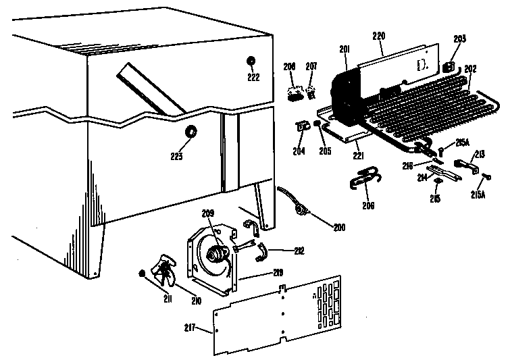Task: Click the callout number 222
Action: pos(253,78)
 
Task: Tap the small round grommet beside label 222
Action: pos(251,61)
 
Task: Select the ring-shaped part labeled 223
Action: pos(191,132)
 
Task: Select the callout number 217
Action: pos(190,328)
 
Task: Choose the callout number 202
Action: pos(471,68)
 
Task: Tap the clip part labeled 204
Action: pos(303,125)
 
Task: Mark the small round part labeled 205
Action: pos(322,126)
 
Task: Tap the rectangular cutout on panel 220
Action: pos(422,66)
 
